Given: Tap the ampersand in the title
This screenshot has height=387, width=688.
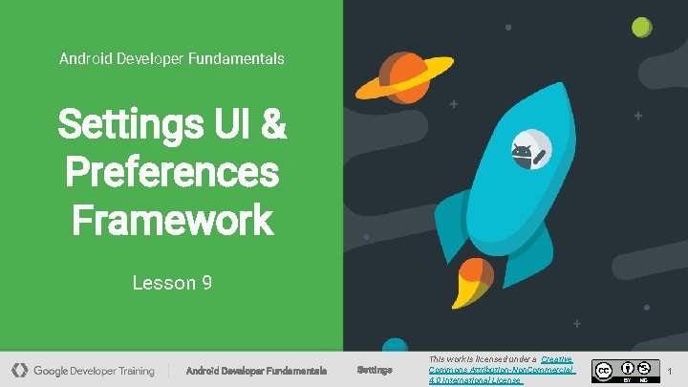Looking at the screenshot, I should pyautogui.click(x=272, y=125).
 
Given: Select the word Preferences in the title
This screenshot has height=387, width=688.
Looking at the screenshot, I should pyautogui.click(x=172, y=173).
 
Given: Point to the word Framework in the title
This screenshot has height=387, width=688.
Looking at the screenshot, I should pyautogui.click(x=172, y=220).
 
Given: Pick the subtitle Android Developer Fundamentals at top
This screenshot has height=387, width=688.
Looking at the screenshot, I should pyautogui.click(x=172, y=58).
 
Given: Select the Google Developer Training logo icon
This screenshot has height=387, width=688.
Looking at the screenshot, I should pyautogui.click(x=20, y=370).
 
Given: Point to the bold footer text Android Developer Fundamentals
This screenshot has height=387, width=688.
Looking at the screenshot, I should pyautogui.click(x=256, y=370).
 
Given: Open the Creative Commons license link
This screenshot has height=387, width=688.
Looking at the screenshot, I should pyautogui.click(x=503, y=369).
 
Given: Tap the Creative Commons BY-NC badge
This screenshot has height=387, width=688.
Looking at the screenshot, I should pyautogui.click(x=625, y=371).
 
